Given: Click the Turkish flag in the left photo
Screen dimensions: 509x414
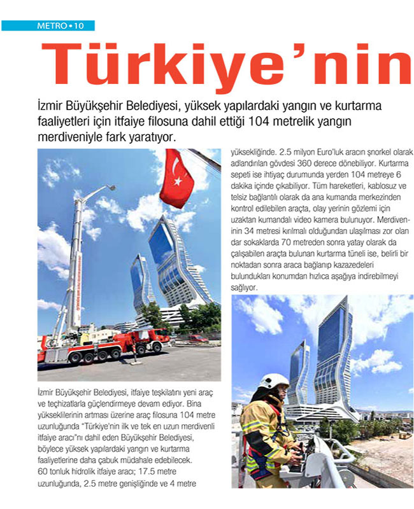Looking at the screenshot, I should (176, 178).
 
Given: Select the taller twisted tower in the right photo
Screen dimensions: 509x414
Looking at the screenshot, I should (333, 356).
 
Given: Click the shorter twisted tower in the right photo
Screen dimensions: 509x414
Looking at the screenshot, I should (299, 375).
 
